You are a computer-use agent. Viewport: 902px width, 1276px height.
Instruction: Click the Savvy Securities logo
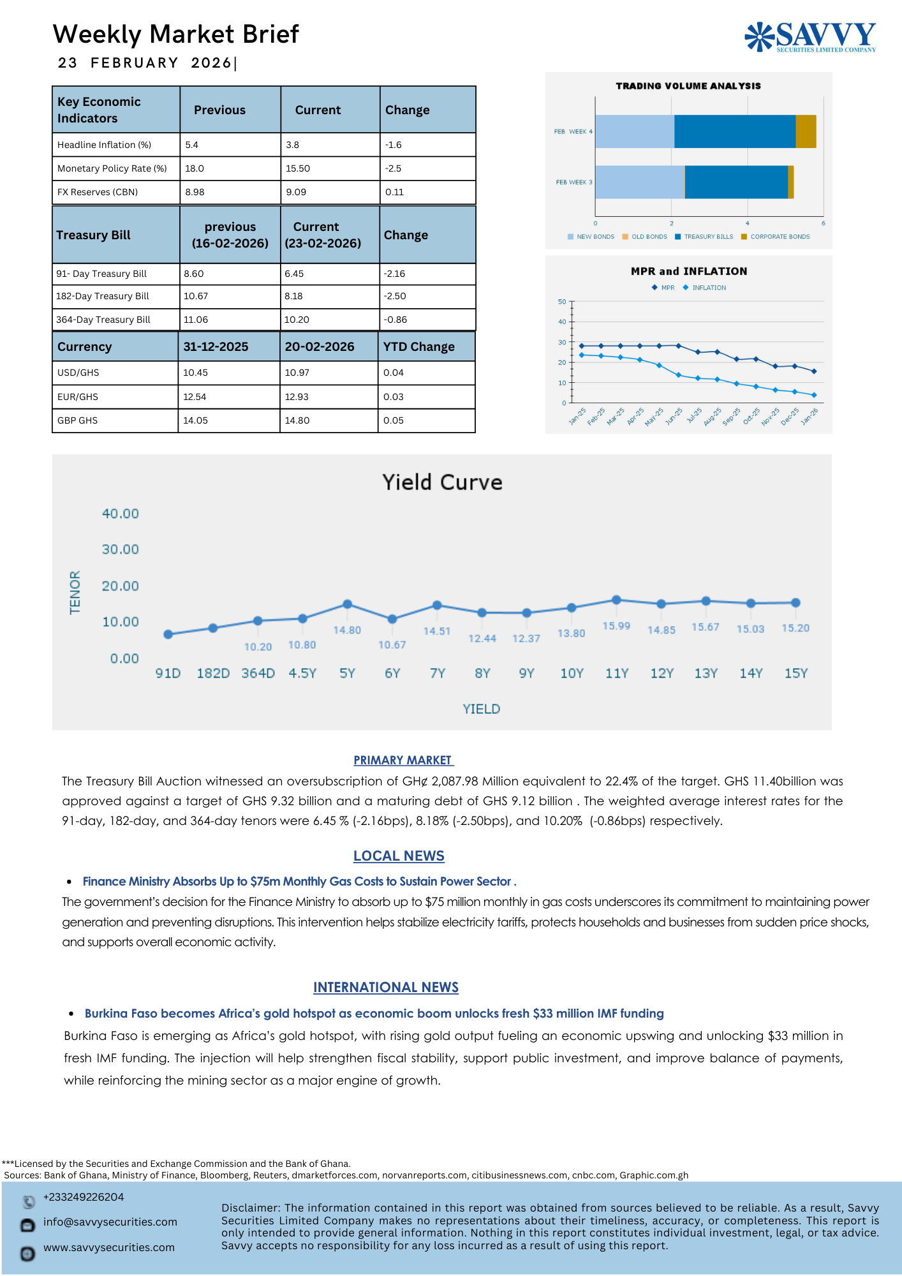click(810, 37)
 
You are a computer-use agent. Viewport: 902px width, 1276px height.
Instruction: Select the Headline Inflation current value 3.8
click(293, 145)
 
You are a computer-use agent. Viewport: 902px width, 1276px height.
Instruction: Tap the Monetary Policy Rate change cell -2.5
click(394, 168)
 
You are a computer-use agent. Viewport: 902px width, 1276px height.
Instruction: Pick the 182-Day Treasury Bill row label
click(103, 296)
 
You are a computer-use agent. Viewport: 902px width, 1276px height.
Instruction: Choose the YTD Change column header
click(419, 346)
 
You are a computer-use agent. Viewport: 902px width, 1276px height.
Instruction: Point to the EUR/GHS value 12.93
click(297, 397)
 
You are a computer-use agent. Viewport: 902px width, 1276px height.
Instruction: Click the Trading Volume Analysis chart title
click(688, 86)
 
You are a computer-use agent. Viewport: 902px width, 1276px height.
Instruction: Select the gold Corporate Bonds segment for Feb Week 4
click(806, 131)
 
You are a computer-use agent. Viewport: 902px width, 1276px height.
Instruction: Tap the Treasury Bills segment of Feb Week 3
click(736, 182)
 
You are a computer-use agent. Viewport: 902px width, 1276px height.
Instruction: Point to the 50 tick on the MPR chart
click(562, 302)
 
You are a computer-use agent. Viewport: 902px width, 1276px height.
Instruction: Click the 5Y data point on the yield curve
click(348, 604)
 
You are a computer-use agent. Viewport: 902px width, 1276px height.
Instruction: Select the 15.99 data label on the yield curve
click(616, 626)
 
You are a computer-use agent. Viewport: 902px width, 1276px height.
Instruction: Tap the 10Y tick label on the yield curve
click(572, 674)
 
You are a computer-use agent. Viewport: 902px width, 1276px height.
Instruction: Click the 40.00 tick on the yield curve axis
click(121, 514)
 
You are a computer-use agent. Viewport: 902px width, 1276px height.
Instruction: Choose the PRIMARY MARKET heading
click(403, 760)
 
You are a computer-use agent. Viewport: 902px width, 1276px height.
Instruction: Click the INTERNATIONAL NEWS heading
click(386, 988)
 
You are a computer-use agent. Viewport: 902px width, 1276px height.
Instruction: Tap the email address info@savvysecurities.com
click(110, 1222)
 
